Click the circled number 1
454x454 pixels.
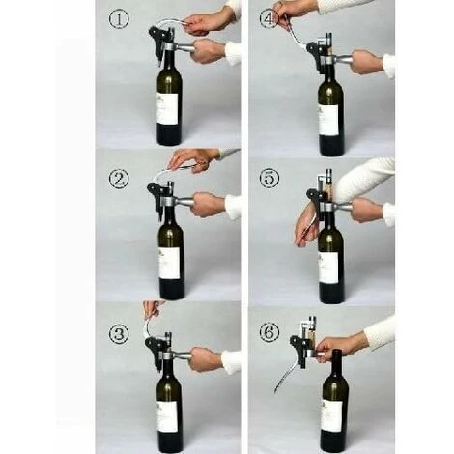click(x=119, y=19)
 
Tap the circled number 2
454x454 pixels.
click(x=119, y=179)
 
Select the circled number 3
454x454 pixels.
click(x=119, y=333)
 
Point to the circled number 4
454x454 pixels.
click(x=269, y=19)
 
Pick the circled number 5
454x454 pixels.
click(x=270, y=178)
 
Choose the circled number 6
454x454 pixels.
click(x=270, y=333)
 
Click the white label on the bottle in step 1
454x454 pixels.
click(x=167, y=108)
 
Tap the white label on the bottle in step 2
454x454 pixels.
click(x=169, y=264)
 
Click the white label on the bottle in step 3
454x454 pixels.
click(x=167, y=416)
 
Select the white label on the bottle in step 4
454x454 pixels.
click(x=328, y=120)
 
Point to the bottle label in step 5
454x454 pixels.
click(x=328, y=268)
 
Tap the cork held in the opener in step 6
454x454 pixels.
click(x=311, y=340)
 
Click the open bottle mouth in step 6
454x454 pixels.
click(x=336, y=352)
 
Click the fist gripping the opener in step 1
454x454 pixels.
click(x=209, y=51)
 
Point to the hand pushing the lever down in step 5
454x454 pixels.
click(x=305, y=229)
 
